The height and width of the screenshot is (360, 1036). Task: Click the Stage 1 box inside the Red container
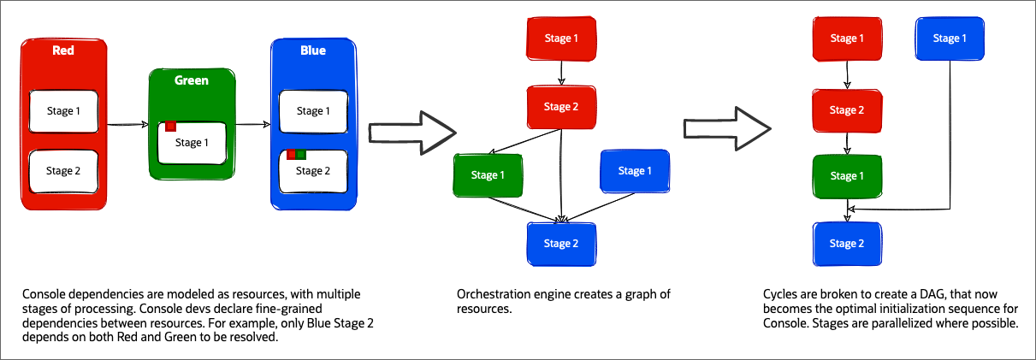point(64,110)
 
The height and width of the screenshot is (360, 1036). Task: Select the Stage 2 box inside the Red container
point(64,170)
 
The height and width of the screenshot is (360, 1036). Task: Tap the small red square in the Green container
point(171,127)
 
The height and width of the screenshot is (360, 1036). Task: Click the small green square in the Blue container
point(301,155)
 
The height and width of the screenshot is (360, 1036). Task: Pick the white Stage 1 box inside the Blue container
point(310,111)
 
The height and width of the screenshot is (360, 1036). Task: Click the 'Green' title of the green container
point(192,80)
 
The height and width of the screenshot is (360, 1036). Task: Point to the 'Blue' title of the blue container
point(312,50)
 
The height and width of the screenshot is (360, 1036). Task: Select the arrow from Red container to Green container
point(127,124)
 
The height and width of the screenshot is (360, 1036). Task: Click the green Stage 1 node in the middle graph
point(488,175)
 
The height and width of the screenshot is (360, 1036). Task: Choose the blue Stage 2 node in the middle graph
point(560,244)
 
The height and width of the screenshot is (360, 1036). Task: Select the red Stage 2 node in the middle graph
point(560,107)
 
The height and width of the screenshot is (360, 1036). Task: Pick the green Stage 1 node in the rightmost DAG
point(847,175)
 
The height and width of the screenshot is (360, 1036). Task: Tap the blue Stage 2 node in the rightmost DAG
point(847,244)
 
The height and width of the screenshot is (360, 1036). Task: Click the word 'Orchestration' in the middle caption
point(491,294)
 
